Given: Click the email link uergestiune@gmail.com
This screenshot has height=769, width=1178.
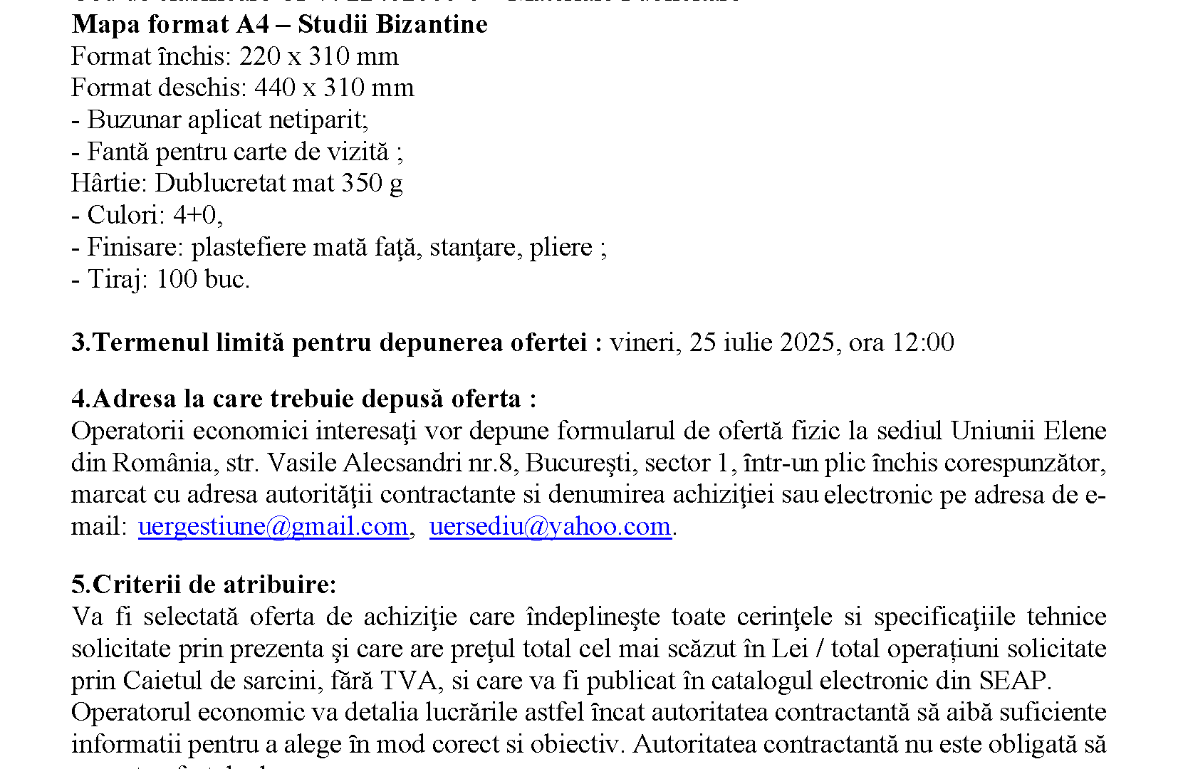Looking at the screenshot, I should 273,526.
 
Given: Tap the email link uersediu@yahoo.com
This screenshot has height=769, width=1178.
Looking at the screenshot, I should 550,526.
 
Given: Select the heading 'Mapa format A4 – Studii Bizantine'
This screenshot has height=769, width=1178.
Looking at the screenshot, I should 279,24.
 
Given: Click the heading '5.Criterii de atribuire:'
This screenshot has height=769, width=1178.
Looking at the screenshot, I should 204,585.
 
